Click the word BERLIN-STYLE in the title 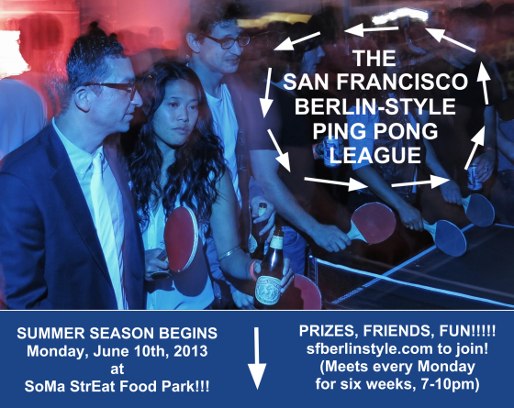[x=375, y=106]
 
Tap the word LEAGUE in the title [x=375, y=155]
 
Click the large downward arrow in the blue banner [x=257, y=358]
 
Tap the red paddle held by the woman [x=181, y=238]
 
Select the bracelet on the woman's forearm [x=229, y=253]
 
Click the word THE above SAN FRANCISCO [x=374, y=59]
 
